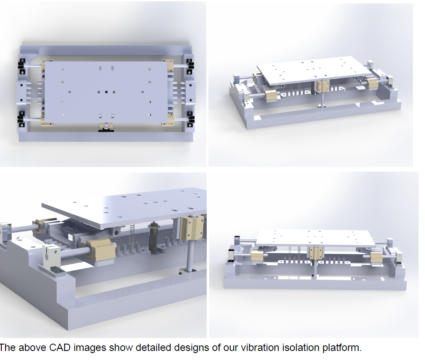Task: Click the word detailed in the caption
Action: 154,348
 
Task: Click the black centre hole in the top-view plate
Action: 106,92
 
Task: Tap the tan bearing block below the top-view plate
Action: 106,126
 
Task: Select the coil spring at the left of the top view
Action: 34,93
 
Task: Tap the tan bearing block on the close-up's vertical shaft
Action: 193,228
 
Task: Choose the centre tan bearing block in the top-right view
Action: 323,86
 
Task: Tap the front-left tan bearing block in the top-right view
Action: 273,96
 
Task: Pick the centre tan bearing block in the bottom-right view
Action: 314,252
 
